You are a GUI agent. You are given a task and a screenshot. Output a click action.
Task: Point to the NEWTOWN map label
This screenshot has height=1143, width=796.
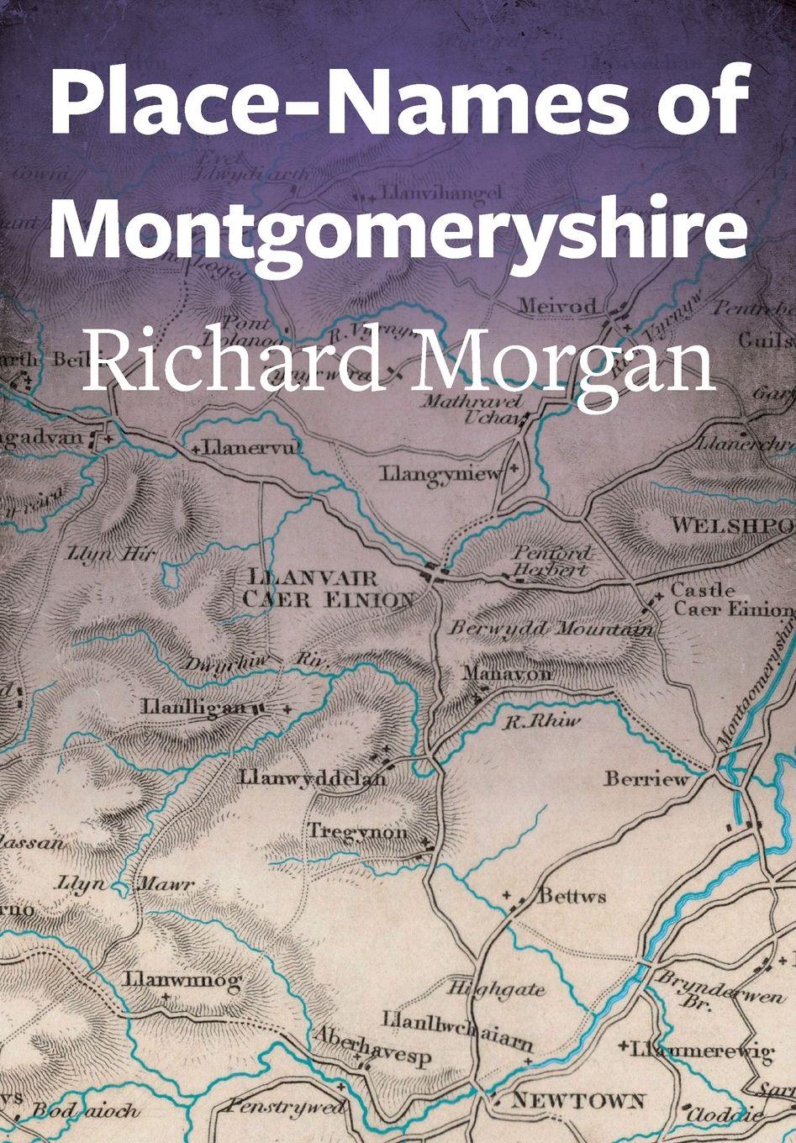click(x=579, y=1100)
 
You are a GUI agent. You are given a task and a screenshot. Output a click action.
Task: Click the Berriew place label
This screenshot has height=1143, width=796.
click(x=646, y=779)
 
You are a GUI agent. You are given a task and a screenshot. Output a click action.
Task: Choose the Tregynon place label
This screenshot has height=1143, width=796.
click(x=358, y=833)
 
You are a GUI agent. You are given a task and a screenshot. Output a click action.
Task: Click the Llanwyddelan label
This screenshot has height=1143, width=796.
click(x=313, y=777)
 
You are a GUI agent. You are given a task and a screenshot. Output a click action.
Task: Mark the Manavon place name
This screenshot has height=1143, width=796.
click(x=507, y=673)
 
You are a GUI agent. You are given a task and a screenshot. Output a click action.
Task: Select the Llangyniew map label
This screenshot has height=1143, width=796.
click(x=440, y=475)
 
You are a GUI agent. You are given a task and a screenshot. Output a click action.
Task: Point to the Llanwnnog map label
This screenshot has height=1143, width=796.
click(x=182, y=980)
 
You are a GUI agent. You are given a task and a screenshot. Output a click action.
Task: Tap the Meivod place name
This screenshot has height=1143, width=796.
click(x=556, y=305)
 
